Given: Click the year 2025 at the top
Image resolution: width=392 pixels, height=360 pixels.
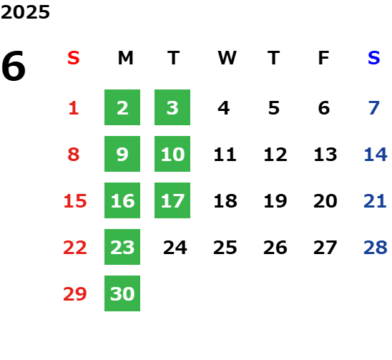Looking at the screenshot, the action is (x=25, y=12).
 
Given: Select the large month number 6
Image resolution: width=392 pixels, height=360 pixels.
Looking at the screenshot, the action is (x=14, y=66).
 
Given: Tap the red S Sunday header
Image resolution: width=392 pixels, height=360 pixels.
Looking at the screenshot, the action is (x=74, y=58).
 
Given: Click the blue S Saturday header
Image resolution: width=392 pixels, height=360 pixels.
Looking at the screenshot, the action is (x=374, y=58).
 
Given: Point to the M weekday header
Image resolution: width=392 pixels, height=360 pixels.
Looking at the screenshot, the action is (x=125, y=58).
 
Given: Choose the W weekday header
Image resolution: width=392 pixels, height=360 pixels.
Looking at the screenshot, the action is (x=227, y=58).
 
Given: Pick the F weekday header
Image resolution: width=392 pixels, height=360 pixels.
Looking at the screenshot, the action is (x=324, y=58).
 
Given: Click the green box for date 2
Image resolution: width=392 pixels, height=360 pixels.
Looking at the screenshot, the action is (x=122, y=107).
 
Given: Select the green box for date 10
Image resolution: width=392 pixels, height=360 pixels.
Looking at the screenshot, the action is (x=172, y=154).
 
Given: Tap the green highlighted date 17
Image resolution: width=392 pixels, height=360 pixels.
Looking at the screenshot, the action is (x=172, y=200).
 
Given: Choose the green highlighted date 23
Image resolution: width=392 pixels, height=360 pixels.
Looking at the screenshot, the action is (x=122, y=247).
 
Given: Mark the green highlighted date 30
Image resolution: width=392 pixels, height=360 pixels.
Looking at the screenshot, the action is (x=122, y=293).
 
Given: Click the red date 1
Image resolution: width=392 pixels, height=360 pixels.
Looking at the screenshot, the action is (x=74, y=108).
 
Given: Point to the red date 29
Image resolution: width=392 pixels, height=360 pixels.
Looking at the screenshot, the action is (x=75, y=293).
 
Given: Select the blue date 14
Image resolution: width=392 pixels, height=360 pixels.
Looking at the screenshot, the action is (x=376, y=155).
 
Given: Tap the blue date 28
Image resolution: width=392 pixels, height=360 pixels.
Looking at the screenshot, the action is (x=376, y=248).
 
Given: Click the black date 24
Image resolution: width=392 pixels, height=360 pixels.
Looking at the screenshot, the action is (x=175, y=248).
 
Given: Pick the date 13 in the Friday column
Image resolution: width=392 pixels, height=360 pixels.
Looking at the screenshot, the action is (x=325, y=155).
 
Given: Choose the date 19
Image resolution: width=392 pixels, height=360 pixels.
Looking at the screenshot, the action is (x=275, y=201).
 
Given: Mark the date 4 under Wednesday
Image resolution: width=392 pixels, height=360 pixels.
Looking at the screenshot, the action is (x=224, y=108).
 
